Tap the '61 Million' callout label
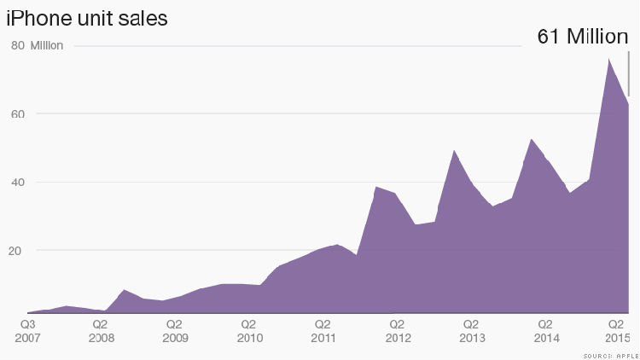582,37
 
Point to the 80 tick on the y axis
17,46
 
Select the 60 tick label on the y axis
17,114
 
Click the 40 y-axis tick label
17,183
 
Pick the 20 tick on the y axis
17,251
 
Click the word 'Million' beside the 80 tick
47,46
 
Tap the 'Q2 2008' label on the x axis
101,332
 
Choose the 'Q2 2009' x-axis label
175,332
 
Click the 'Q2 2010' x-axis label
249,332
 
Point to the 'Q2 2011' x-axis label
323,332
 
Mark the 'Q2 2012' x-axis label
397,332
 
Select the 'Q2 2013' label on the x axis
470,332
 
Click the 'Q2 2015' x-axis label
616,332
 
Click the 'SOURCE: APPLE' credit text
611,353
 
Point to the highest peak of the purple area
608,59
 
